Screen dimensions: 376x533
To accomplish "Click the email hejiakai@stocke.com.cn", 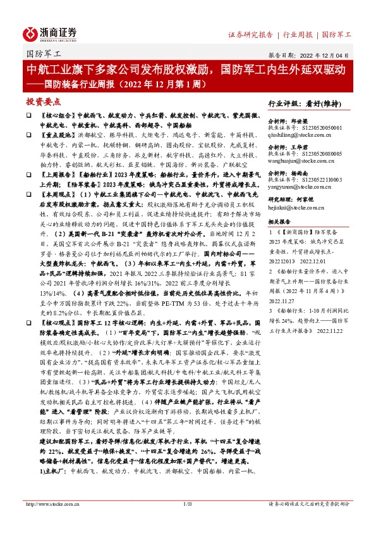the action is (x=294, y=208).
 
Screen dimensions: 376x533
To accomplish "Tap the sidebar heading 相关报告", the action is (x=279, y=223).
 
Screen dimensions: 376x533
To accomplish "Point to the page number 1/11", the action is (x=187, y=504).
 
